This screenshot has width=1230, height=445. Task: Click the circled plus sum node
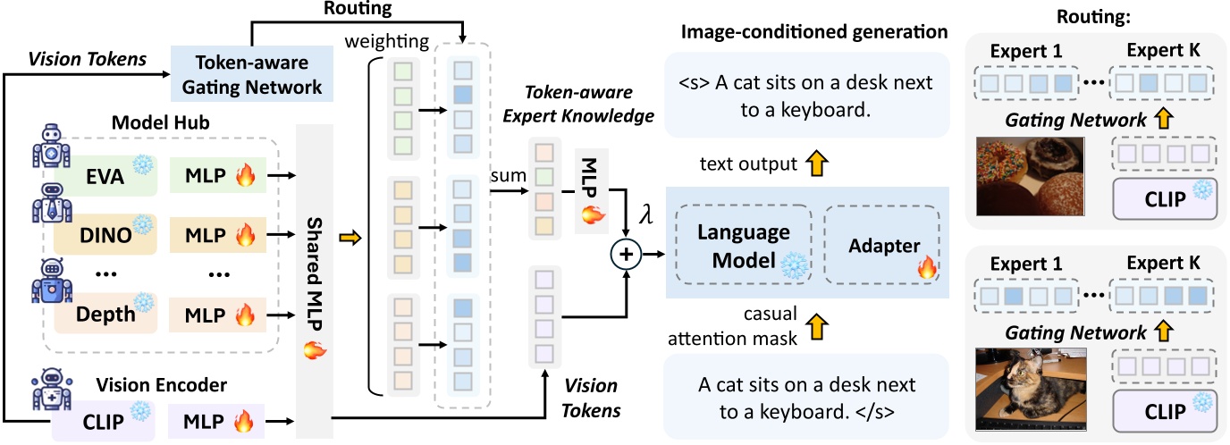pyautogui.click(x=626, y=256)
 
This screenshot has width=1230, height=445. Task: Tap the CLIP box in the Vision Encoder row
pyautogui.click(x=100, y=418)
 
